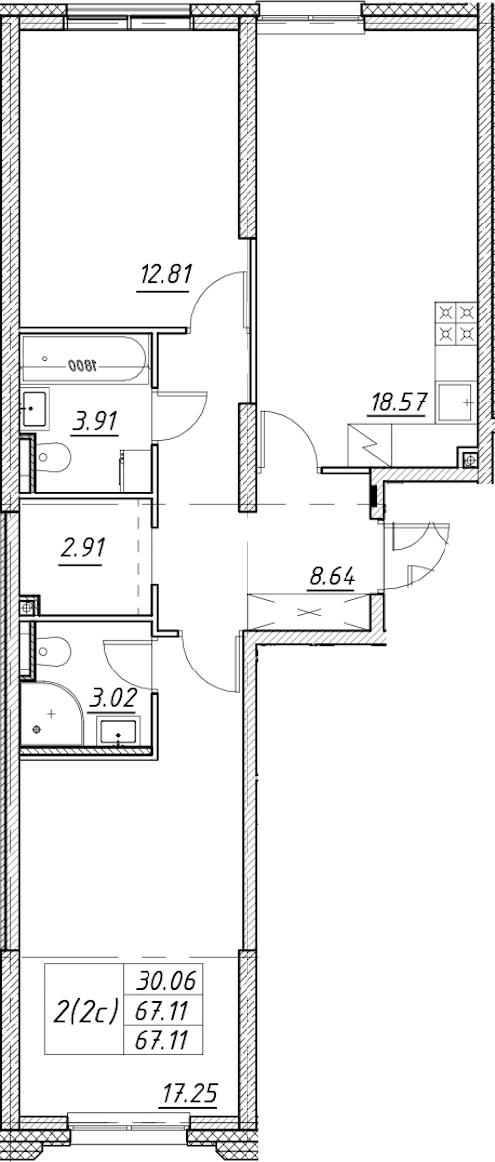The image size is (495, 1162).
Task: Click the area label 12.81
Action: [x=164, y=275]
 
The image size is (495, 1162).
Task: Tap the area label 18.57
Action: [x=397, y=403]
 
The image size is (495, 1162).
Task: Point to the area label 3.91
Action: [x=96, y=421]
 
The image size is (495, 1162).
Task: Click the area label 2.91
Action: [x=81, y=549]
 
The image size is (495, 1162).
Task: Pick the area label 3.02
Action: [x=112, y=697]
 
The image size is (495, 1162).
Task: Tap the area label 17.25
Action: [x=191, y=1093]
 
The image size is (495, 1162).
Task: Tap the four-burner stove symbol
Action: [x=455, y=323]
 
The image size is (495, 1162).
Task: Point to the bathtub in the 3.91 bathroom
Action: [x=85, y=360]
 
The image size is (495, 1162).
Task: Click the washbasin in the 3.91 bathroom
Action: [x=35, y=407]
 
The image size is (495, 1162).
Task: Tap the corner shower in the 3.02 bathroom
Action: [x=49, y=714]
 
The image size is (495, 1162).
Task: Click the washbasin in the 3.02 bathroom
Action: [x=117, y=731]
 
